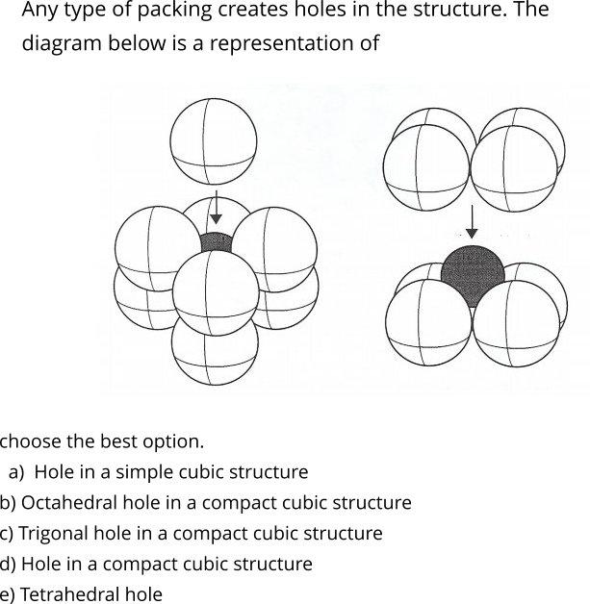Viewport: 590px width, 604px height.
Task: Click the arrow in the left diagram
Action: [216, 207]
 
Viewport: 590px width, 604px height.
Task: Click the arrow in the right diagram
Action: [471, 221]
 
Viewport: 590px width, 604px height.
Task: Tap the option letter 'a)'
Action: [16, 472]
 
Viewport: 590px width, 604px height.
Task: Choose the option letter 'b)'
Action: [8, 503]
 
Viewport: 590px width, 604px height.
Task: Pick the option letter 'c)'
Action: [7, 533]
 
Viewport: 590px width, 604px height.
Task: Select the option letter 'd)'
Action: [8, 564]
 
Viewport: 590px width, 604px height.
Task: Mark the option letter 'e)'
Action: [8, 594]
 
